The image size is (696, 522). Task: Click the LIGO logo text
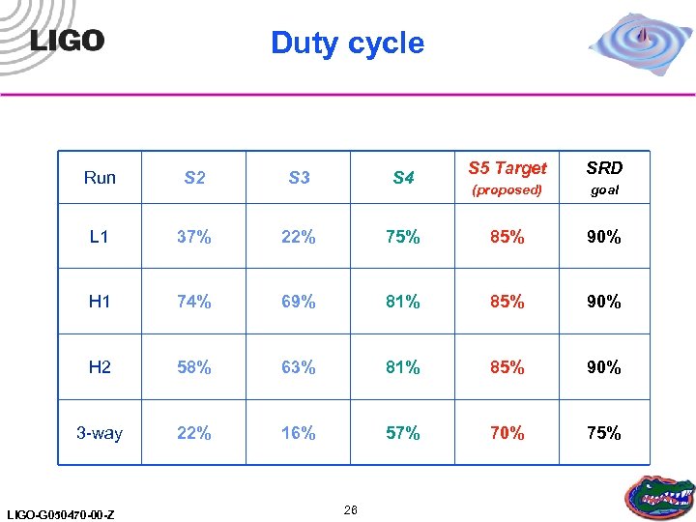[x=67, y=40]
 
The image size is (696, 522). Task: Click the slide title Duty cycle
[x=347, y=43]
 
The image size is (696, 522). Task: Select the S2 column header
[x=194, y=177]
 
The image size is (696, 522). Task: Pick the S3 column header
[x=299, y=177]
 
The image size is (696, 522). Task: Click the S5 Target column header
[x=507, y=168]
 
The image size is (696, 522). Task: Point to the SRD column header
[x=604, y=168]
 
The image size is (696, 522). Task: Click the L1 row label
[x=100, y=237]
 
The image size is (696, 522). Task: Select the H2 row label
[x=100, y=367]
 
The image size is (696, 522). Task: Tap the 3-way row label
[x=100, y=433]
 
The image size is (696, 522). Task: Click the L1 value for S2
[x=194, y=237]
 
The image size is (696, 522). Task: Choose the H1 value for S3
[x=299, y=302]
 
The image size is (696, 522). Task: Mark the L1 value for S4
[x=403, y=237]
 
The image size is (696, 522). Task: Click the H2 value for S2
[x=194, y=367]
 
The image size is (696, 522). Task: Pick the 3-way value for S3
[x=299, y=433]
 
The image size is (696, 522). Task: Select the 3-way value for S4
[x=403, y=433]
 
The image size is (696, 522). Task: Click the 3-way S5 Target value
[x=507, y=433]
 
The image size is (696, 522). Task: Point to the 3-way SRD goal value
[x=604, y=433]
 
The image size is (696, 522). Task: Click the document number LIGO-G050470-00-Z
[x=59, y=514]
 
